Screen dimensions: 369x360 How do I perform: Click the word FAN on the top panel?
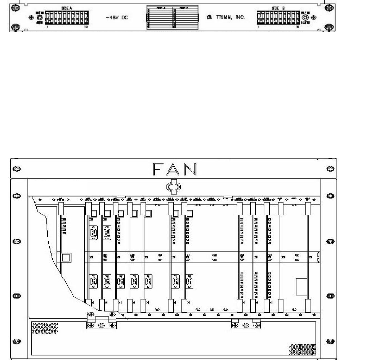(x=175, y=169)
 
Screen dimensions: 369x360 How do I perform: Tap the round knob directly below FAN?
(x=173, y=187)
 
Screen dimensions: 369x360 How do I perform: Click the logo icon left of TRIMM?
(x=209, y=18)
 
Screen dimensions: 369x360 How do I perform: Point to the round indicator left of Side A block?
(x=39, y=18)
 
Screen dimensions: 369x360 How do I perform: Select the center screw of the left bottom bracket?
(x=101, y=325)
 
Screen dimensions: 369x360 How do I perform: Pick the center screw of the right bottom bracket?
(x=246, y=325)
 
